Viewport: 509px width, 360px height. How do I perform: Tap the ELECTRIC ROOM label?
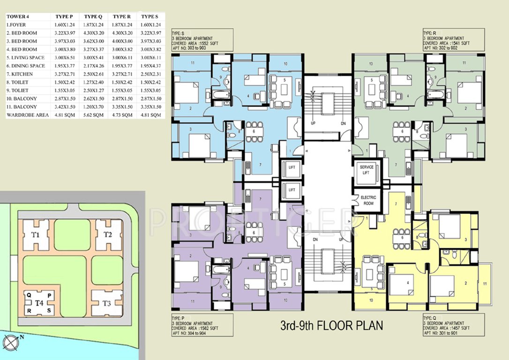[x=368, y=200]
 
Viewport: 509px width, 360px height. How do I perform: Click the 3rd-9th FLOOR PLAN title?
[x=331, y=325]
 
